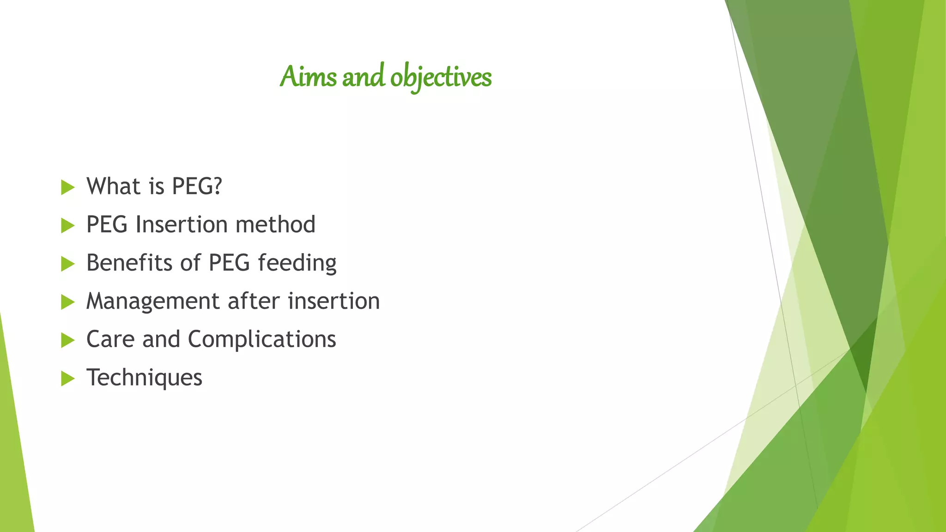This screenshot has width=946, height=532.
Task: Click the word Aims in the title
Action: (308, 77)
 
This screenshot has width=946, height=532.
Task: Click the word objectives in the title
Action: (441, 78)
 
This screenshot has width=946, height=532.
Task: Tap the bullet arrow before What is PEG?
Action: (67, 187)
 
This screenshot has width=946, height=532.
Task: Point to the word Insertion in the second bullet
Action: (182, 224)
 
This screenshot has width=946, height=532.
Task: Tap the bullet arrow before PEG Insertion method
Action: (67, 226)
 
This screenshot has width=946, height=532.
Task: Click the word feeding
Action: (297, 264)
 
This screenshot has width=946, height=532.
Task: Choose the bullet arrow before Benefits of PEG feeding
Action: (67, 264)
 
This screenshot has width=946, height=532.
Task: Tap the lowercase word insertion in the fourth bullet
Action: (334, 301)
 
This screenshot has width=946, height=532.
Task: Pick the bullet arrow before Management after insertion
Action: (67, 302)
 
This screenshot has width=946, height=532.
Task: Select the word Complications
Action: (262, 340)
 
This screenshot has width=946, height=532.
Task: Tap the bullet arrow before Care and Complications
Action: (67, 341)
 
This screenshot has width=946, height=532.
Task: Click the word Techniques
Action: (144, 378)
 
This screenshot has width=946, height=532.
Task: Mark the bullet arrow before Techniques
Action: (67, 379)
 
